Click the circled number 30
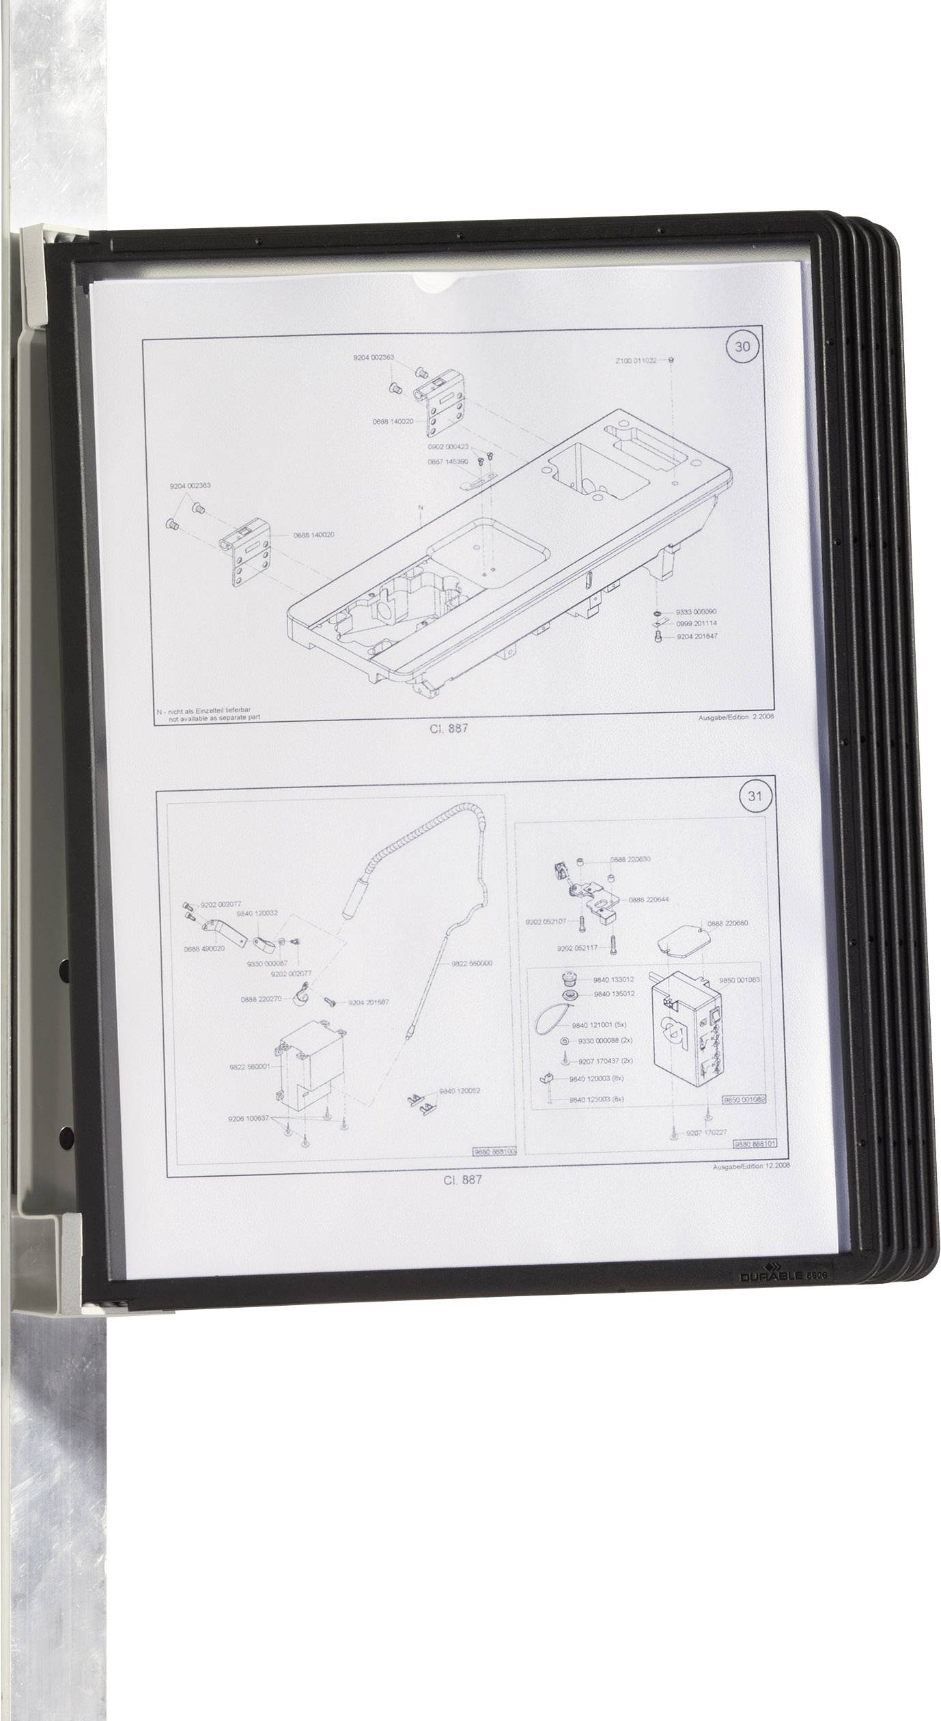[x=742, y=346]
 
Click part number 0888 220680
[x=727, y=923]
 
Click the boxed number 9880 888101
[x=756, y=1144]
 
